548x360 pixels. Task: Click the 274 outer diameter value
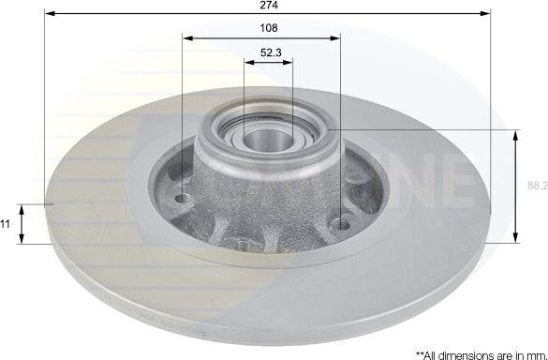point(269,6)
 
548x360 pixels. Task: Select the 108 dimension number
point(268,28)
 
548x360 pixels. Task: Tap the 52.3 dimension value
point(268,54)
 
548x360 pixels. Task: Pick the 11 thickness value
point(6,224)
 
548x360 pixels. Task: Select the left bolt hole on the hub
point(183,198)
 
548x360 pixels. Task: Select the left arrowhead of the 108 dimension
point(187,38)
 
